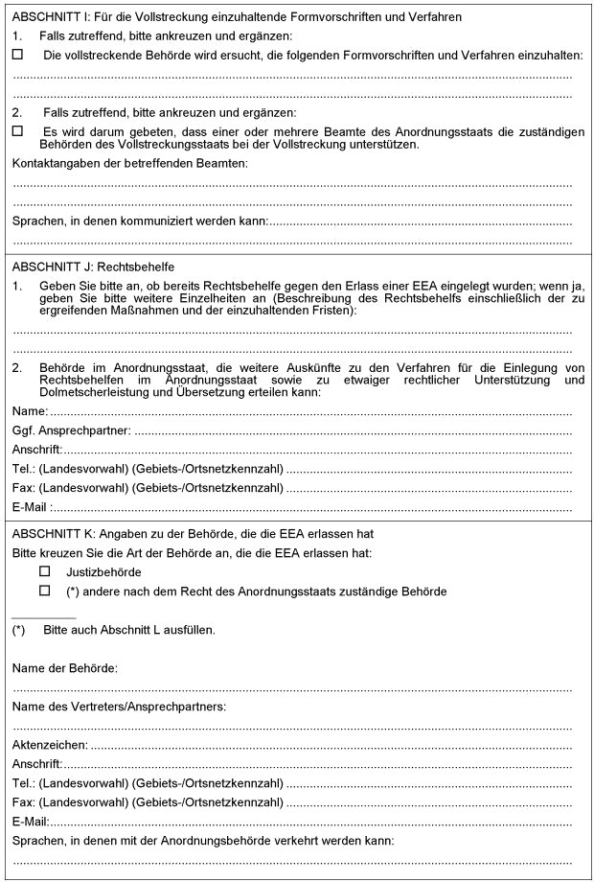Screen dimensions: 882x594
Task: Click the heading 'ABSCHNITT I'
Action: (x=50, y=16)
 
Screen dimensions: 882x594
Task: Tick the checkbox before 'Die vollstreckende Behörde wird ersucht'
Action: (x=18, y=55)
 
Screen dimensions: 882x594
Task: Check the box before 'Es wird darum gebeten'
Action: (x=18, y=130)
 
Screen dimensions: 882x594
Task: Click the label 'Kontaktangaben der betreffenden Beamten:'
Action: (x=129, y=164)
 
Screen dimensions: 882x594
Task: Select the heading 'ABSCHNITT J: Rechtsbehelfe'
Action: (x=94, y=266)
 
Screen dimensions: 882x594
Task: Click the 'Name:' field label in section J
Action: (x=30, y=411)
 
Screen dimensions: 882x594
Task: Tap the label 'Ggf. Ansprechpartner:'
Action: (x=72, y=430)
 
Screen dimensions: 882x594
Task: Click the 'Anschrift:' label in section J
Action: (x=37, y=450)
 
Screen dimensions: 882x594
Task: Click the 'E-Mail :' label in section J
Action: (x=33, y=507)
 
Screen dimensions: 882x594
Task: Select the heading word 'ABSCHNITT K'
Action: (x=51, y=533)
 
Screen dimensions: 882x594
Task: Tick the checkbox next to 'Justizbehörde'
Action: (x=44, y=571)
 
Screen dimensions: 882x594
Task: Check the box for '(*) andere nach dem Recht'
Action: (x=44, y=591)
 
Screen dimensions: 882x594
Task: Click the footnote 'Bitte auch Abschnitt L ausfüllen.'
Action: (x=128, y=630)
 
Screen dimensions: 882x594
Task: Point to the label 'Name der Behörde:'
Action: (x=65, y=667)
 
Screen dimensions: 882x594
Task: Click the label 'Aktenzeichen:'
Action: (x=50, y=744)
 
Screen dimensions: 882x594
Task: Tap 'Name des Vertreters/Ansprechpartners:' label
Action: (x=119, y=707)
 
